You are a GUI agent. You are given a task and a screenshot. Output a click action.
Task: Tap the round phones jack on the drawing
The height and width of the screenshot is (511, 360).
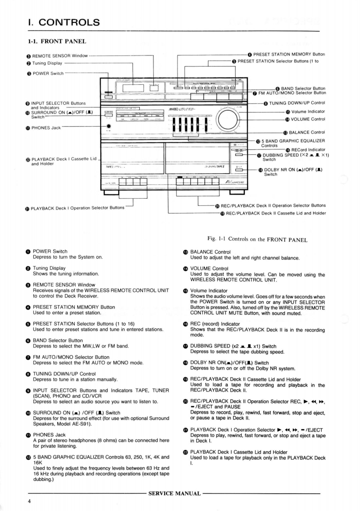click(109, 127)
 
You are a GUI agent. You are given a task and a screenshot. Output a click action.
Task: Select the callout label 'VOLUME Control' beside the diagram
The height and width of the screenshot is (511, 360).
click(309, 119)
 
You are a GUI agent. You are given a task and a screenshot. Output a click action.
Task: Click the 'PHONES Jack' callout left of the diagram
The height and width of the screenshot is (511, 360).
click(44, 128)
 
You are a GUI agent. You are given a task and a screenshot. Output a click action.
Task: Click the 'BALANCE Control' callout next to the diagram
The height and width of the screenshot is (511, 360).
click(307, 133)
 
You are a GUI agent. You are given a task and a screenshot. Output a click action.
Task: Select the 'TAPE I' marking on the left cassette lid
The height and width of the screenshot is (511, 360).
click(112, 167)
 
